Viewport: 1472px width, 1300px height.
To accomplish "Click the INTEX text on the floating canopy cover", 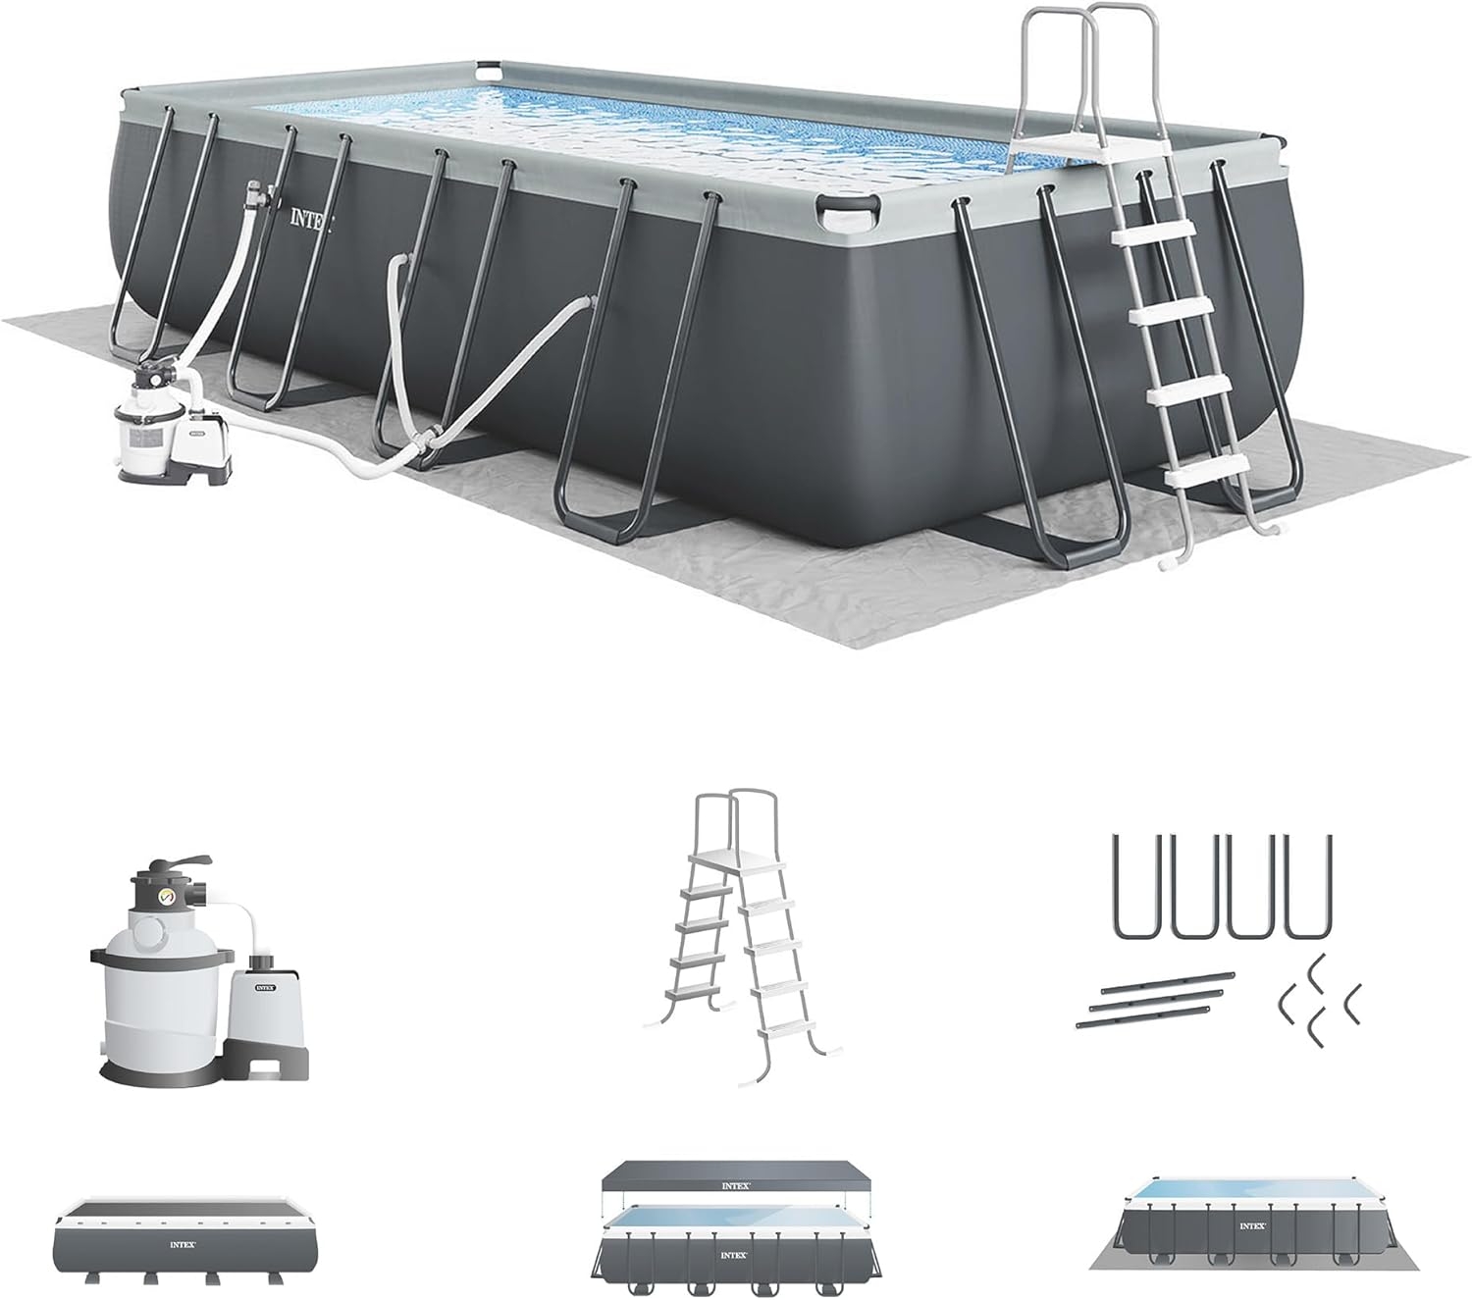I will pos(736,1185).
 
